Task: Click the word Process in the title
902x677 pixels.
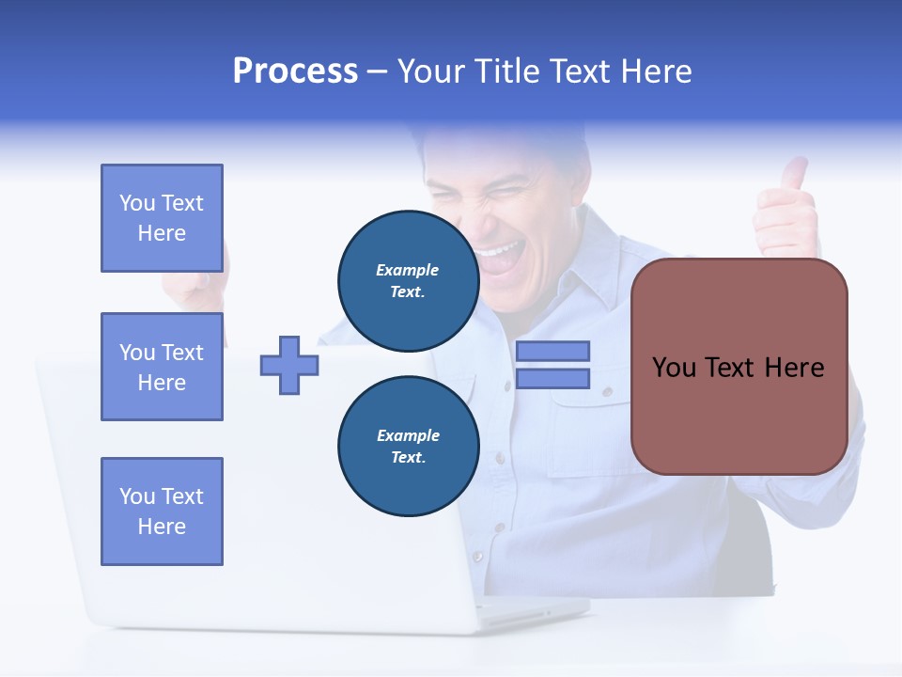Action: [x=295, y=71]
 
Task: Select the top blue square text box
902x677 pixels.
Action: [x=162, y=218]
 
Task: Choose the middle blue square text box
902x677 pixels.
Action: [x=162, y=367]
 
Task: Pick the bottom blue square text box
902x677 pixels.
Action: [x=162, y=512]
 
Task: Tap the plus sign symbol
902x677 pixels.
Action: [x=289, y=365]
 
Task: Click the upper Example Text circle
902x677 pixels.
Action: [x=408, y=280]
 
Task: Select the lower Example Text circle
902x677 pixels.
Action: [x=408, y=446]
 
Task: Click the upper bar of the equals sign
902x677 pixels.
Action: [x=552, y=351]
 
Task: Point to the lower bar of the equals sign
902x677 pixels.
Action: [x=552, y=378]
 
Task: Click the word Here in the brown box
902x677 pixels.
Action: [x=794, y=368]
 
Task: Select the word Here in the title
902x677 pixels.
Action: [x=654, y=71]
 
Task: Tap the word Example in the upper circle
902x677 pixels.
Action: [x=408, y=270]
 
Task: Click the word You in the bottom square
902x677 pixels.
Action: [x=135, y=496]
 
